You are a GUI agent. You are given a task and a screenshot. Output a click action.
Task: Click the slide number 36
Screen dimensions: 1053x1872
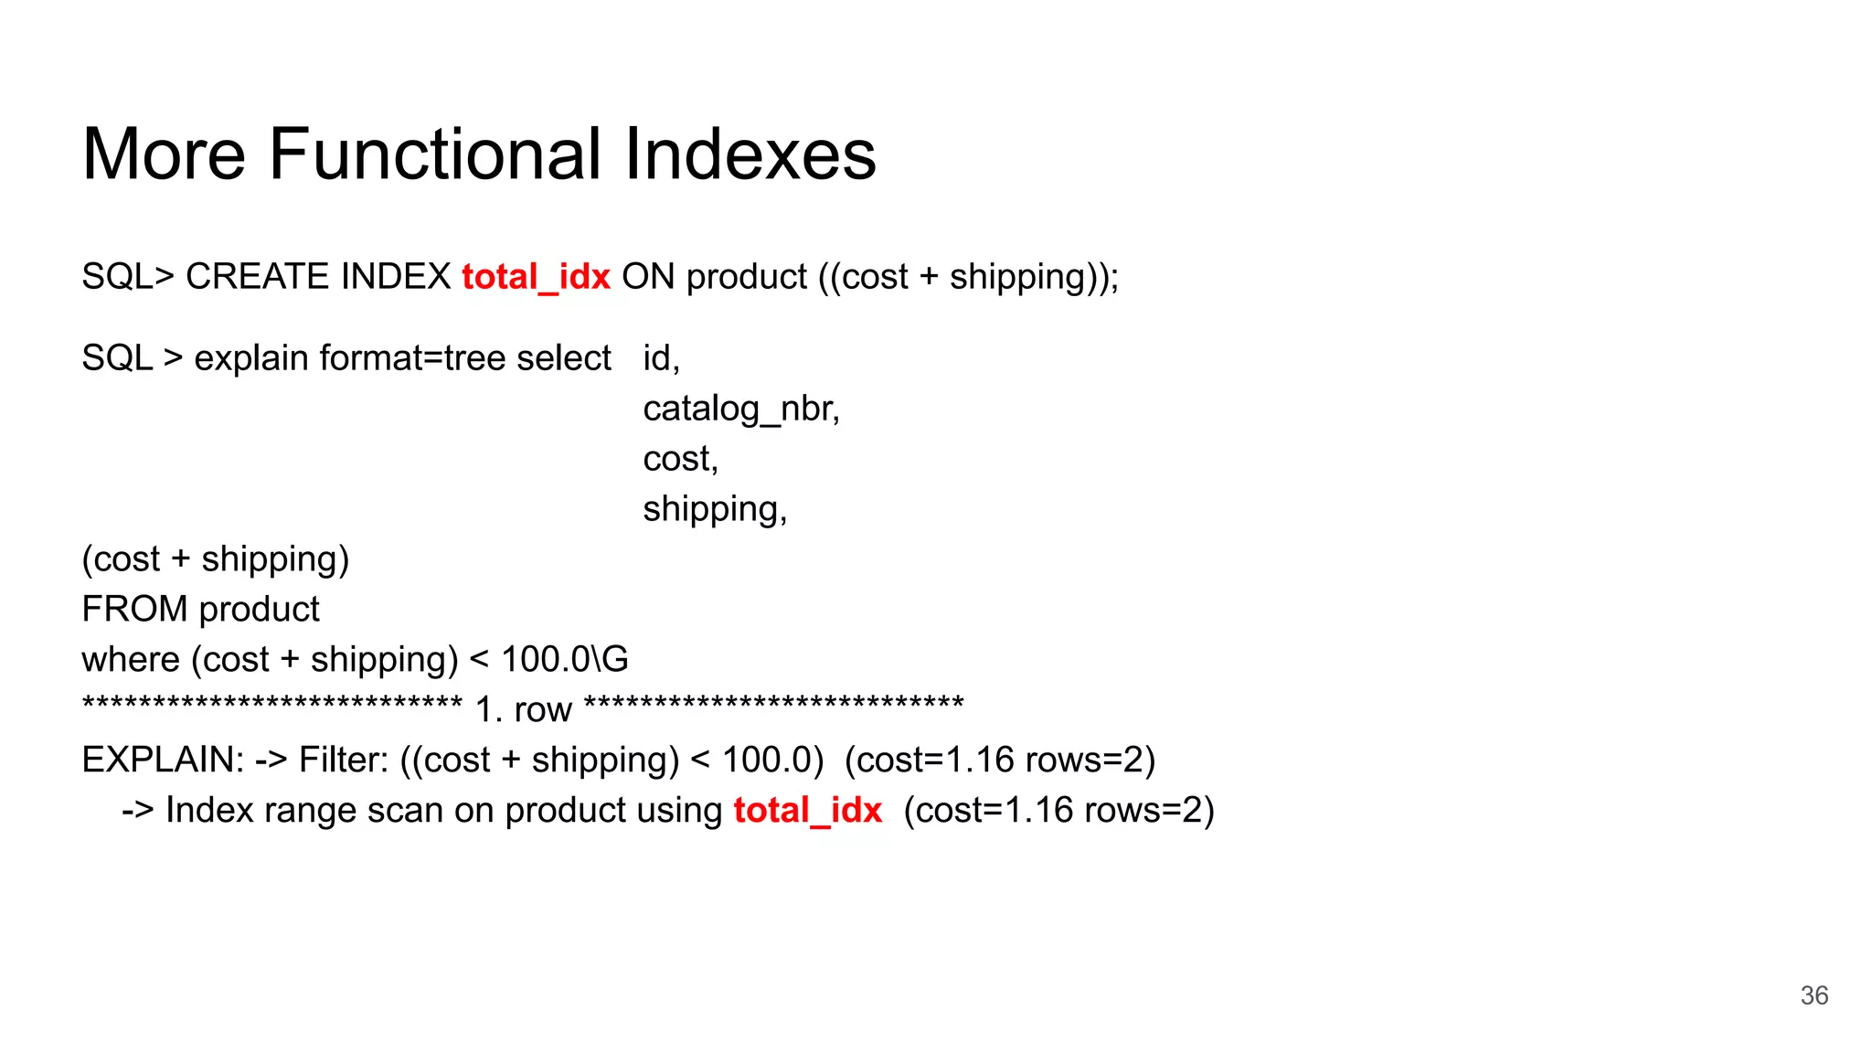tap(1813, 995)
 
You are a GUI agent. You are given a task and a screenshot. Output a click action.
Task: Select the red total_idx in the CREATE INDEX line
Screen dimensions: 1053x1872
tap(536, 277)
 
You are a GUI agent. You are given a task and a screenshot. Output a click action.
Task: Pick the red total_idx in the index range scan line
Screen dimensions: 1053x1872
tap(807, 811)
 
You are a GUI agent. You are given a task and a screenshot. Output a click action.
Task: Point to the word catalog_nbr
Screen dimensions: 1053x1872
tap(740, 409)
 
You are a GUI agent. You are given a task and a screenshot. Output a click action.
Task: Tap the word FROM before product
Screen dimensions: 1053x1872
tap(134, 610)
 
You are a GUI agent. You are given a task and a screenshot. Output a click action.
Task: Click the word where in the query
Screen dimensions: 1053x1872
tap(131, 660)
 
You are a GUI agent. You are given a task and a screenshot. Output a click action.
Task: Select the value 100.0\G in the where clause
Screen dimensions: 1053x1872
tap(565, 660)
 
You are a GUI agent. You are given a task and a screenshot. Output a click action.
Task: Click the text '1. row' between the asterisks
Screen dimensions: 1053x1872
tap(524, 710)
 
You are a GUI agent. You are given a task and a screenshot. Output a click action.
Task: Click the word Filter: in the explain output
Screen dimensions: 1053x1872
tap(344, 760)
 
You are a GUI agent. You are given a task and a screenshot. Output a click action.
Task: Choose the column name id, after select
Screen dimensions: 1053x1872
tap(661, 358)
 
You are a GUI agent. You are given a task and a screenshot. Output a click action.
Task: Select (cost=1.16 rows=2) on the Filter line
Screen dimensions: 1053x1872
tap(1000, 760)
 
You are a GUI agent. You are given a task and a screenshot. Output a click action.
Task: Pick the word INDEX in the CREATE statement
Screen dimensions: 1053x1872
tap(395, 277)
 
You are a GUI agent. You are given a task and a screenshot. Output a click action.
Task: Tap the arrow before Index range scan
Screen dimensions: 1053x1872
tap(137, 811)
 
